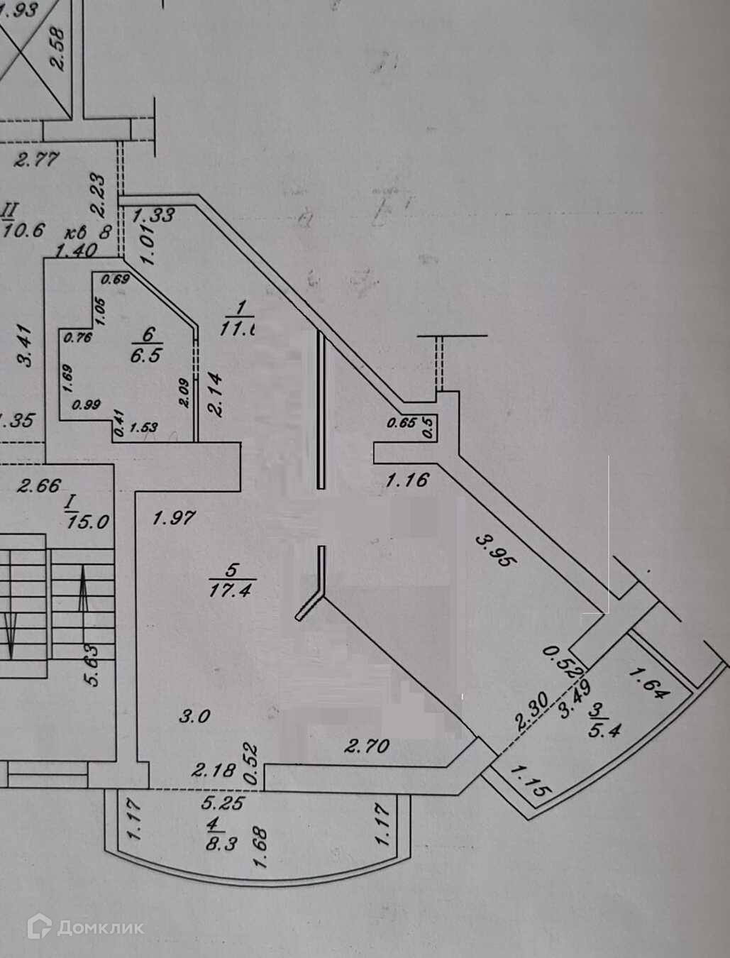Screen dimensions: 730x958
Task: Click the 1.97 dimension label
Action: click(174, 517)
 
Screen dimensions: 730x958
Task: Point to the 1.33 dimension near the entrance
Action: click(153, 215)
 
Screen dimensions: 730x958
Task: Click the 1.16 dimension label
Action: click(407, 480)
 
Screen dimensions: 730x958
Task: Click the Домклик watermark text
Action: click(101, 927)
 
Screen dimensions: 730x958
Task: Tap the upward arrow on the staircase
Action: click(84, 584)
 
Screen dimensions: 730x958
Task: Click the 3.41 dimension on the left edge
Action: click(25, 346)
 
